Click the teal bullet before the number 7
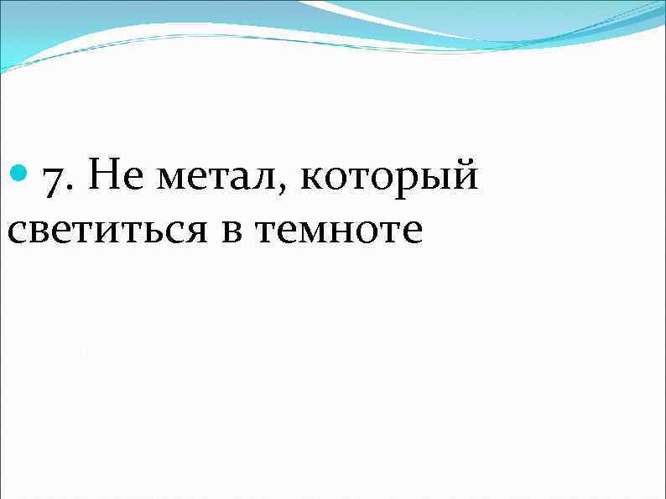21,175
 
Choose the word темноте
338,231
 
